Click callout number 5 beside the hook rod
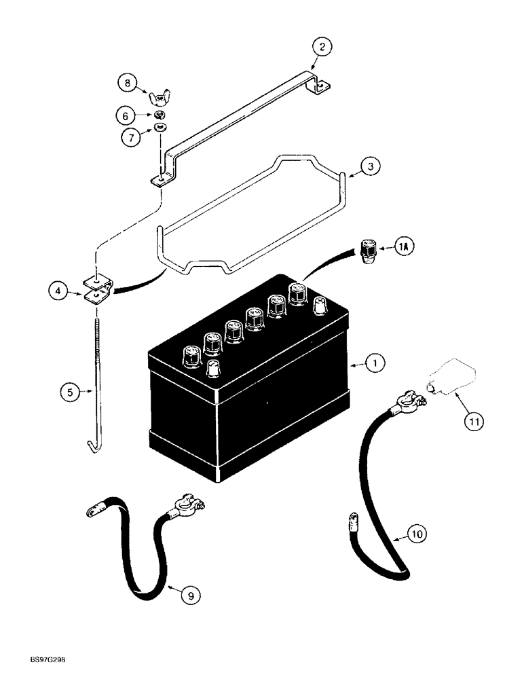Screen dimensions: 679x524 [x=126, y=116]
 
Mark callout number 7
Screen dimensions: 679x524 [x=126, y=84]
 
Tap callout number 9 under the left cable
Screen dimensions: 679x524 [x=417, y=535]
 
